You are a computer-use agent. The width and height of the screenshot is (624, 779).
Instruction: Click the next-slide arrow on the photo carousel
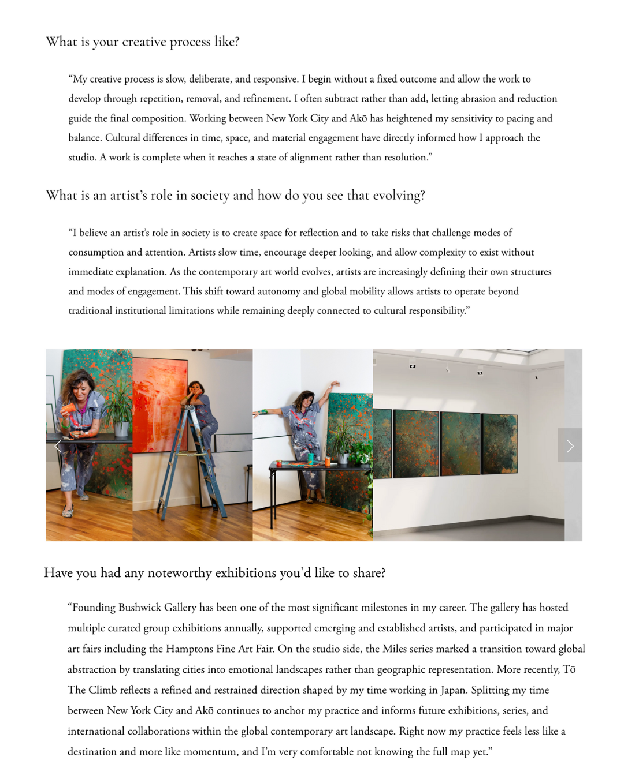tap(570, 445)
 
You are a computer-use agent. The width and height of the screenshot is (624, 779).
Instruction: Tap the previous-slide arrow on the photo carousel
tap(58, 445)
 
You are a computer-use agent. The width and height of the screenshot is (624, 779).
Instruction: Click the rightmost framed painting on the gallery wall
tap(500, 443)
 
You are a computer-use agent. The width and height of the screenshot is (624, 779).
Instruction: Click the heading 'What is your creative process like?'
tap(143, 42)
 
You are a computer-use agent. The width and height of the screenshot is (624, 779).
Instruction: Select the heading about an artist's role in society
tap(235, 196)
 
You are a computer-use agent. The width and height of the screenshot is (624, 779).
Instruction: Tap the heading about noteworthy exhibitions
tap(214, 573)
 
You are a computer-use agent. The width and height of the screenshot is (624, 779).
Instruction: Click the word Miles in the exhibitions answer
tap(395, 649)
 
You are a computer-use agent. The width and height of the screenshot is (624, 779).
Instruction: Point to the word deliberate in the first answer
tap(210, 79)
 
